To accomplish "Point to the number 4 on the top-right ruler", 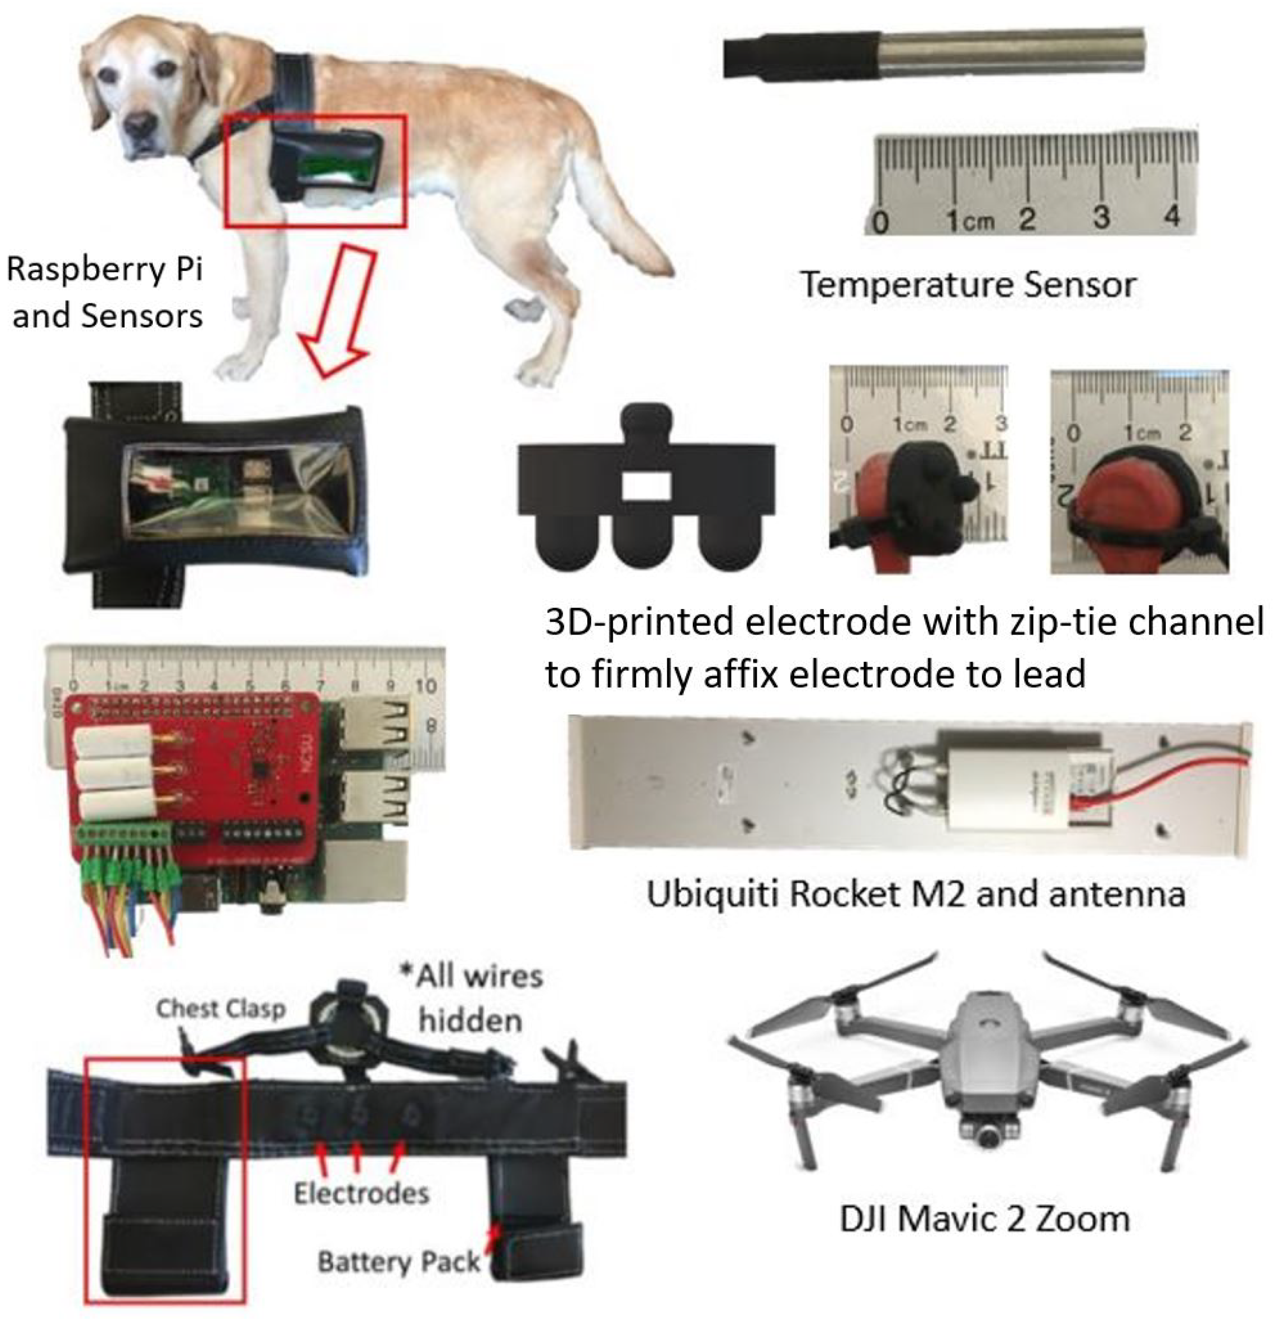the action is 1171,217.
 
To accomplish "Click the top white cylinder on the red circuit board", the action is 111,741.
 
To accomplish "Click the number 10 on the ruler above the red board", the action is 425,686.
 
